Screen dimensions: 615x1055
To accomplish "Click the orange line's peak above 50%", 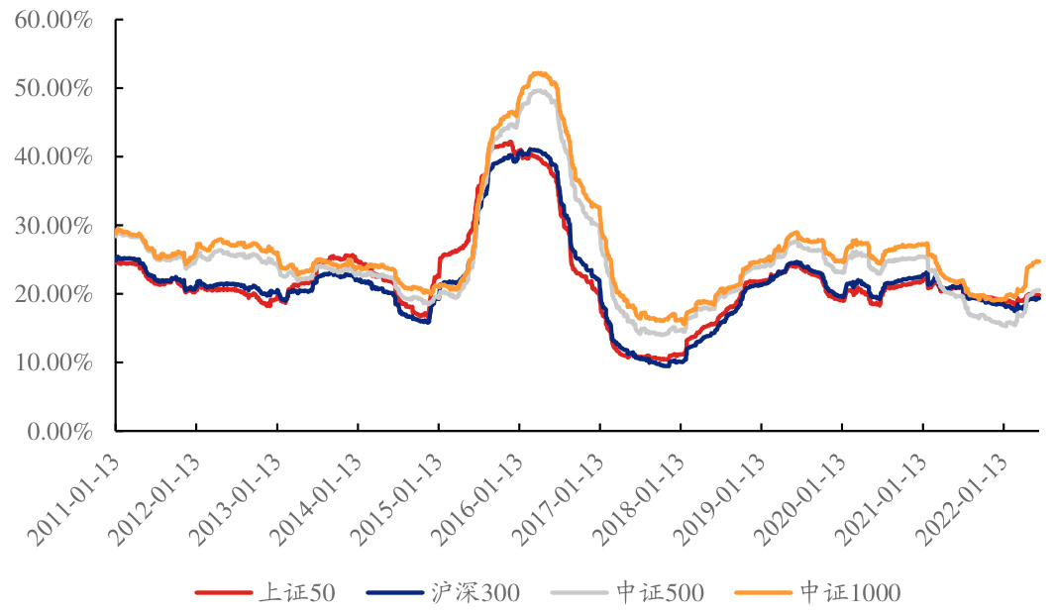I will tap(540, 72).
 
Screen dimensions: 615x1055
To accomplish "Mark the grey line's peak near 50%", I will tap(540, 90).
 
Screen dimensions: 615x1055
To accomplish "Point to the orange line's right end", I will tap(1038, 261).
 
